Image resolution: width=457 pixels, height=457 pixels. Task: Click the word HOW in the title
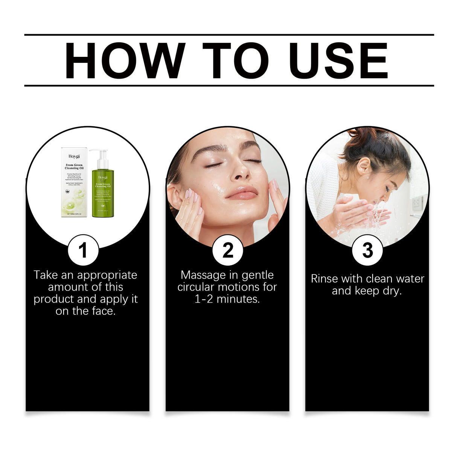(125, 61)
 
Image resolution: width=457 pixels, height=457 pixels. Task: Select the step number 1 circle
(83, 250)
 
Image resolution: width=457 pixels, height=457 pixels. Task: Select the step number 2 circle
(228, 250)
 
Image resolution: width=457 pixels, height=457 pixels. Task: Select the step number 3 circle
(367, 250)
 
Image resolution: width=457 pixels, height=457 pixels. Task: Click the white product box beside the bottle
(74, 183)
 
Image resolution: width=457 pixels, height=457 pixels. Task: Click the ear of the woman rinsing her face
(364, 166)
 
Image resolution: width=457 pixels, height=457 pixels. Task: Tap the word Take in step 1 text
(45, 275)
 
